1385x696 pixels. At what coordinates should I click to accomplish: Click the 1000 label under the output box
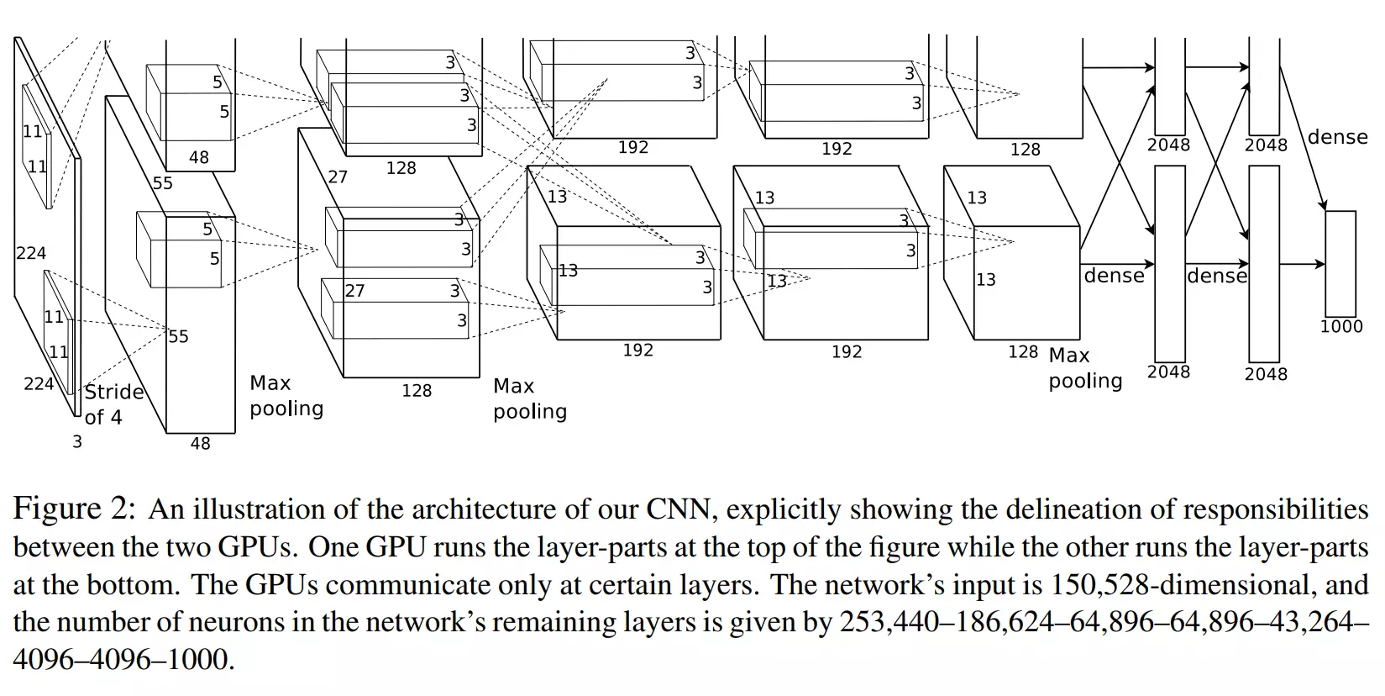[1340, 327]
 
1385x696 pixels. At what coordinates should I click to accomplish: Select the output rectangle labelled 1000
[1340, 263]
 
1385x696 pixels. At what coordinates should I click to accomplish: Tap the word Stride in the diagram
[114, 393]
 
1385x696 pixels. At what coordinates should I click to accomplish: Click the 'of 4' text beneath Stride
[103, 417]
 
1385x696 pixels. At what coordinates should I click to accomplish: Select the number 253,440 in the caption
[890, 623]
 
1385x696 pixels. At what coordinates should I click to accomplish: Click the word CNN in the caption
[677, 509]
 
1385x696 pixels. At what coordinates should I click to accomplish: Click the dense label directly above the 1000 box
[1337, 137]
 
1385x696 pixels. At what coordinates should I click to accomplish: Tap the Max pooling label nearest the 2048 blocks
[1083, 368]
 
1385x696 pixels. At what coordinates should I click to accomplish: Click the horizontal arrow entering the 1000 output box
[1303, 264]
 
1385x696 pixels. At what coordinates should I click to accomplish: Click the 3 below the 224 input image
[77, 441]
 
